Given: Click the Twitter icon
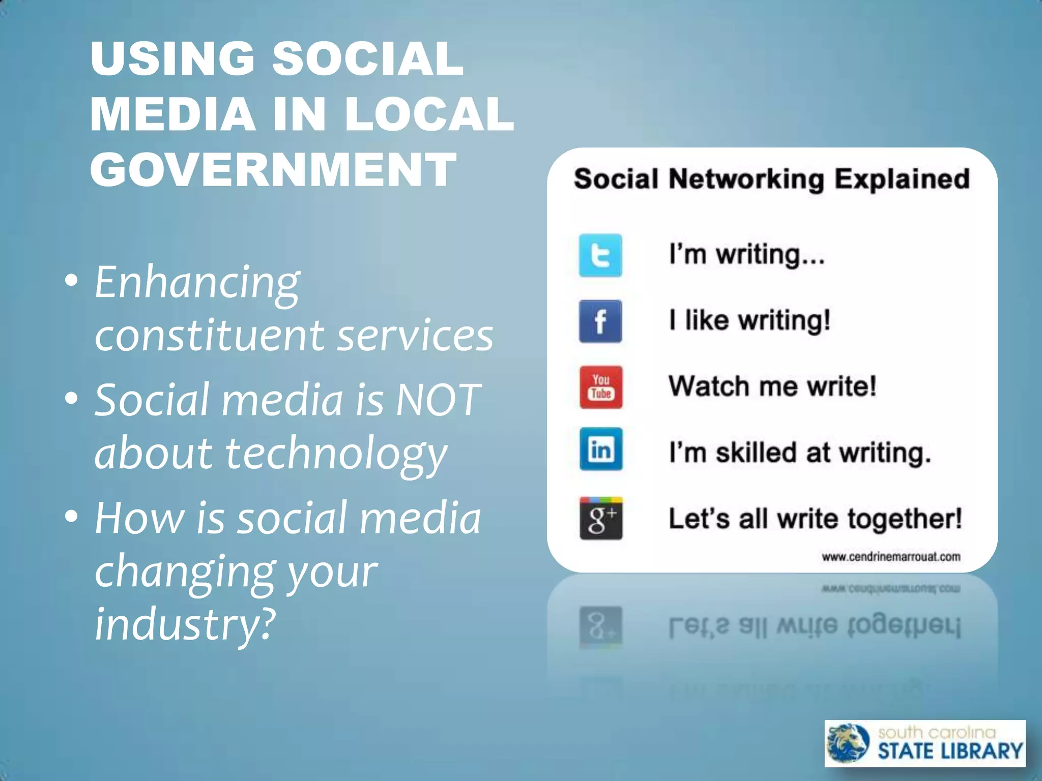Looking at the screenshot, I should click(600, 255).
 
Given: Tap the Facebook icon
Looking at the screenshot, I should click(600, 321).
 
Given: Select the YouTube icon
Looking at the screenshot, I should click(600, 387).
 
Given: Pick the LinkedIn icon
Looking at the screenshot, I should click(600, 449).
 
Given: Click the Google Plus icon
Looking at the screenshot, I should click(600, 518).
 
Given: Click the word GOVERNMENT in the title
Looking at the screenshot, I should click(273, 169).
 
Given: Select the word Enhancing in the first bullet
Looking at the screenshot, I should click(197, 283).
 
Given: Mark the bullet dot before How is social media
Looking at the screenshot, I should click(71, 516).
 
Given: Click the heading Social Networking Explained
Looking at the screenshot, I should click(771, 179).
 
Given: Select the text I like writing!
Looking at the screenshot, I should click(749, 320).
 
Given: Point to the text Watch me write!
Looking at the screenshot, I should click(772, 386).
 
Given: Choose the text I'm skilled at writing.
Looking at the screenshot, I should click(799, 453).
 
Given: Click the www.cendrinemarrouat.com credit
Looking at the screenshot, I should click(891, 557).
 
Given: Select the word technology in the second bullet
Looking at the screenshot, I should click(336, 454).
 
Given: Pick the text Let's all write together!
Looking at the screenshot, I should click(815, 519).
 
